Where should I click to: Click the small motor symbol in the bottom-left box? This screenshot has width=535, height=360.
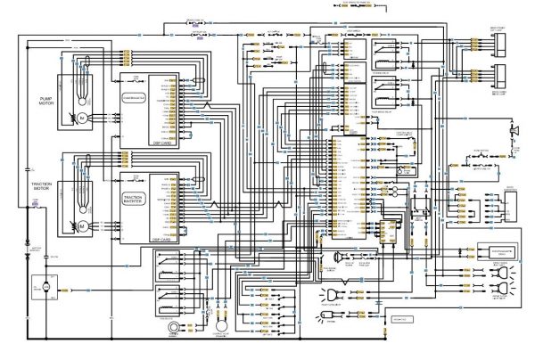click(x=38, y=288)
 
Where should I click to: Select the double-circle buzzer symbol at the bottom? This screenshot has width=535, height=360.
click(x=166, y=327)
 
